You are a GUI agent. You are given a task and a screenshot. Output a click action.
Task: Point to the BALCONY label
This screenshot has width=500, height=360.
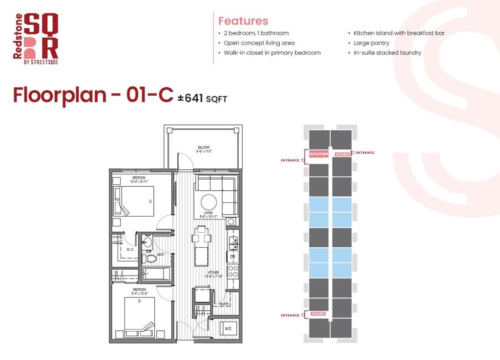point(204,147)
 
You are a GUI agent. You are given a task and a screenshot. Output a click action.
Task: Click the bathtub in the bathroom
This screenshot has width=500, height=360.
point(157,274)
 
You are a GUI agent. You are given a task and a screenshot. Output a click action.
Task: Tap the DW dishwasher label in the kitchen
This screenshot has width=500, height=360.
point(232,256)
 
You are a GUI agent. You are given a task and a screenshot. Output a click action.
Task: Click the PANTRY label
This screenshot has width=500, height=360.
point(224,304)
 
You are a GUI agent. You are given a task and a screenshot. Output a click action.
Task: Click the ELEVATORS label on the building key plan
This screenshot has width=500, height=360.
point(318,155)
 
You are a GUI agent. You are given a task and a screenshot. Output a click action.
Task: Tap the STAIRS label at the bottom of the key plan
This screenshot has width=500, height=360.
point(318,314)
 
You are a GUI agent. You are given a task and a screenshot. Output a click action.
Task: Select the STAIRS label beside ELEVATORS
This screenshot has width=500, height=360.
point(342,155)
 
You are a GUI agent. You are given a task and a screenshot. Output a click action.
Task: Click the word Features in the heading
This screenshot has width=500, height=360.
point(243,21)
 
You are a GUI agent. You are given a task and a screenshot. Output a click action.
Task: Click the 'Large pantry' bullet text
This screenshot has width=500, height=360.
point(371,43)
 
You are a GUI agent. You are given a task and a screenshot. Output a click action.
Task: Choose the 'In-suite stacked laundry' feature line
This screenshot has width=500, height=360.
point(387,53)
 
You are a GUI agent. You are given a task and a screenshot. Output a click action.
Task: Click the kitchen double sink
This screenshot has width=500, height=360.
point(234,240)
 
